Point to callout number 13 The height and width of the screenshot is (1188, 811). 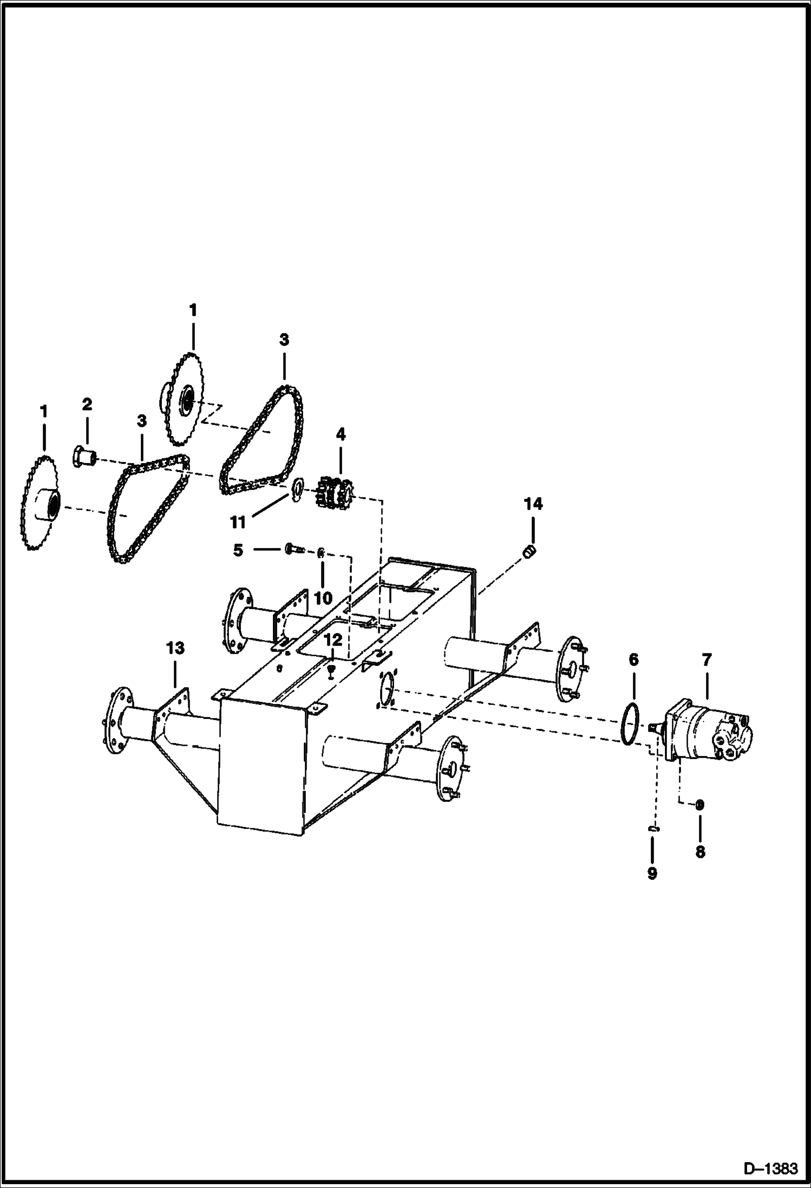[x=175, y=648]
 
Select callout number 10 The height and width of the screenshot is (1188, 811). [x=323, y=598]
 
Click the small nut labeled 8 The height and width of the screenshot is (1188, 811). [x=699, y=805]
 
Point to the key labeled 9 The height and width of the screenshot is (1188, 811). [x=653, y=828]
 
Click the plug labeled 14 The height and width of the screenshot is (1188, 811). [x=531, y=551]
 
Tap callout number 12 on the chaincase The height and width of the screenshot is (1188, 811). [x=333, y=639]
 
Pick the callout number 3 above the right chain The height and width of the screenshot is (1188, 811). [x=284, y=340]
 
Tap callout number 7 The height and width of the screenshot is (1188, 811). [x=707, y=660]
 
